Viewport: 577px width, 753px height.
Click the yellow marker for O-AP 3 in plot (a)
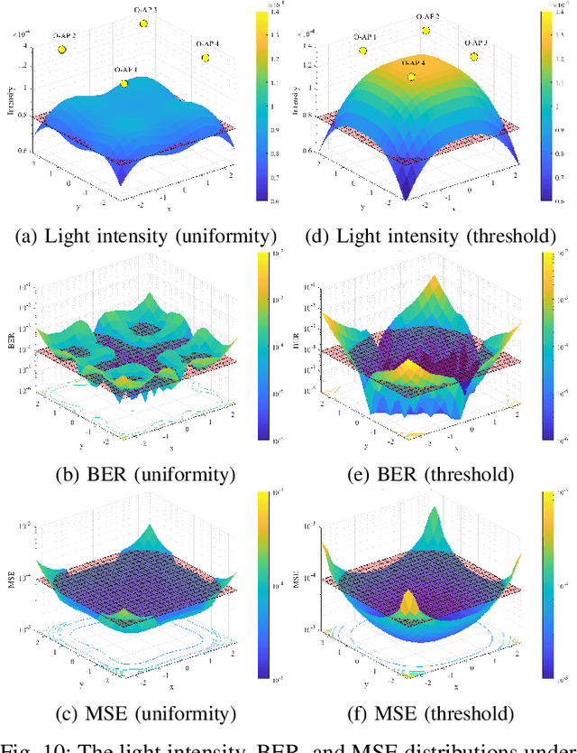point(143,23)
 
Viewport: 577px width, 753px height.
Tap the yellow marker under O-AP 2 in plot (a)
point(62,50)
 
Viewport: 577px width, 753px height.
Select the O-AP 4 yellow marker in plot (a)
point(206,57)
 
